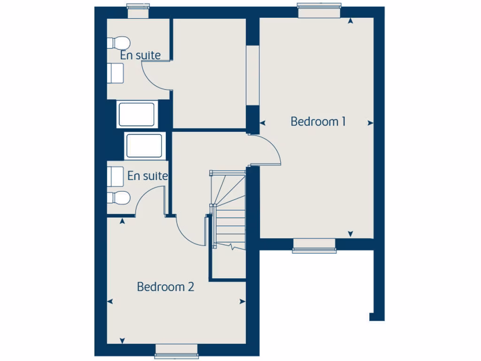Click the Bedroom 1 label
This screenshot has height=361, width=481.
coord(318,121)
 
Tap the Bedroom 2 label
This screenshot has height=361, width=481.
coord(165,286)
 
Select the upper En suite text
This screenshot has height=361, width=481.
coord(140,55)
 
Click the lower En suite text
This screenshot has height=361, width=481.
coord(147,176)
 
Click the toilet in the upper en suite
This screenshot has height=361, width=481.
coord(117,42)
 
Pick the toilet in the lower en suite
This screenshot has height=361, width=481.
coord(118,198)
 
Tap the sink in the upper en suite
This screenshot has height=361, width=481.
coord(116,73)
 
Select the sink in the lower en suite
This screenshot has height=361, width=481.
coord(116,176)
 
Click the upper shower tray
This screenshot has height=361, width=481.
coord(136,115)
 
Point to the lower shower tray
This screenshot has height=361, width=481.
coord(145,146)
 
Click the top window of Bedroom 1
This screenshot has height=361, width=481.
coord(319,10)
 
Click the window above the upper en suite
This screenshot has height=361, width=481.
coord(138,11)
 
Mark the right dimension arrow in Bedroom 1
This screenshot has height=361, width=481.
coord(371,123)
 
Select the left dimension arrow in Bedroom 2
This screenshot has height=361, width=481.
coord(110,302)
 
